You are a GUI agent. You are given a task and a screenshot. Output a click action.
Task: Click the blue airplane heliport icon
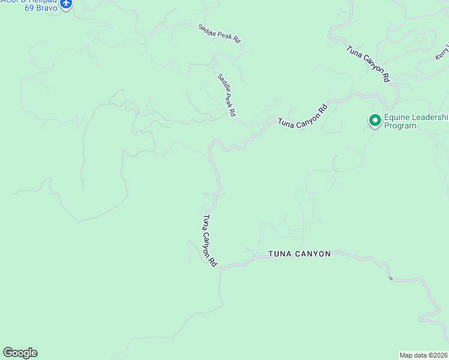[65, 4]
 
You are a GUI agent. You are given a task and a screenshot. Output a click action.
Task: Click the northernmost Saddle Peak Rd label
[220, 33]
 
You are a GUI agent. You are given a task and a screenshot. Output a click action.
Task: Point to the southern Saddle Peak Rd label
[226, 95]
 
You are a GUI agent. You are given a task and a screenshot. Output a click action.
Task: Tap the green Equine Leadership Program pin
[375, 121]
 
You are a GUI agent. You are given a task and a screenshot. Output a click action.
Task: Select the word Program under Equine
[400, 126]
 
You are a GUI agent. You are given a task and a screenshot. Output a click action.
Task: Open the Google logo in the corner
[20, 353]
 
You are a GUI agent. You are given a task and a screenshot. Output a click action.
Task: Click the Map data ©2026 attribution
[423, 355]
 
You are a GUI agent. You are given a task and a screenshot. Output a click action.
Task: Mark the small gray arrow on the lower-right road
[390, 278]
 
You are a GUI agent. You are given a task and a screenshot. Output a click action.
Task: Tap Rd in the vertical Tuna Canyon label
[213, 263]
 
